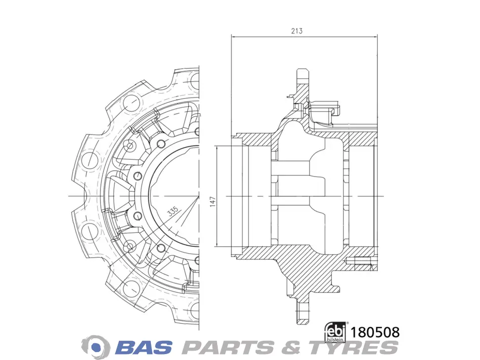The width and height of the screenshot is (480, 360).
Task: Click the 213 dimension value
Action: pyautogui.click(x=296, y=31)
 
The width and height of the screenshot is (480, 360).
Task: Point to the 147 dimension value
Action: pyautogui.click(x=213, y=202)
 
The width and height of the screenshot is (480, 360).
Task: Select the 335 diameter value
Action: pyautogui.click(x=173, y=211)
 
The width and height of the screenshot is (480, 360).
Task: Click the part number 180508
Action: pyautogui.click(x=375, y=332)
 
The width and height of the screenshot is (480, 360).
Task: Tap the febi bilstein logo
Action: pyautogui.click(x=336, y=332)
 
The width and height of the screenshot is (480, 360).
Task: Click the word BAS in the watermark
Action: pyautogui.click(x=144, y=347)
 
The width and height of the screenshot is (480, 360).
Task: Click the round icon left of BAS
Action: pyautogui.click(x=96, y=347)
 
